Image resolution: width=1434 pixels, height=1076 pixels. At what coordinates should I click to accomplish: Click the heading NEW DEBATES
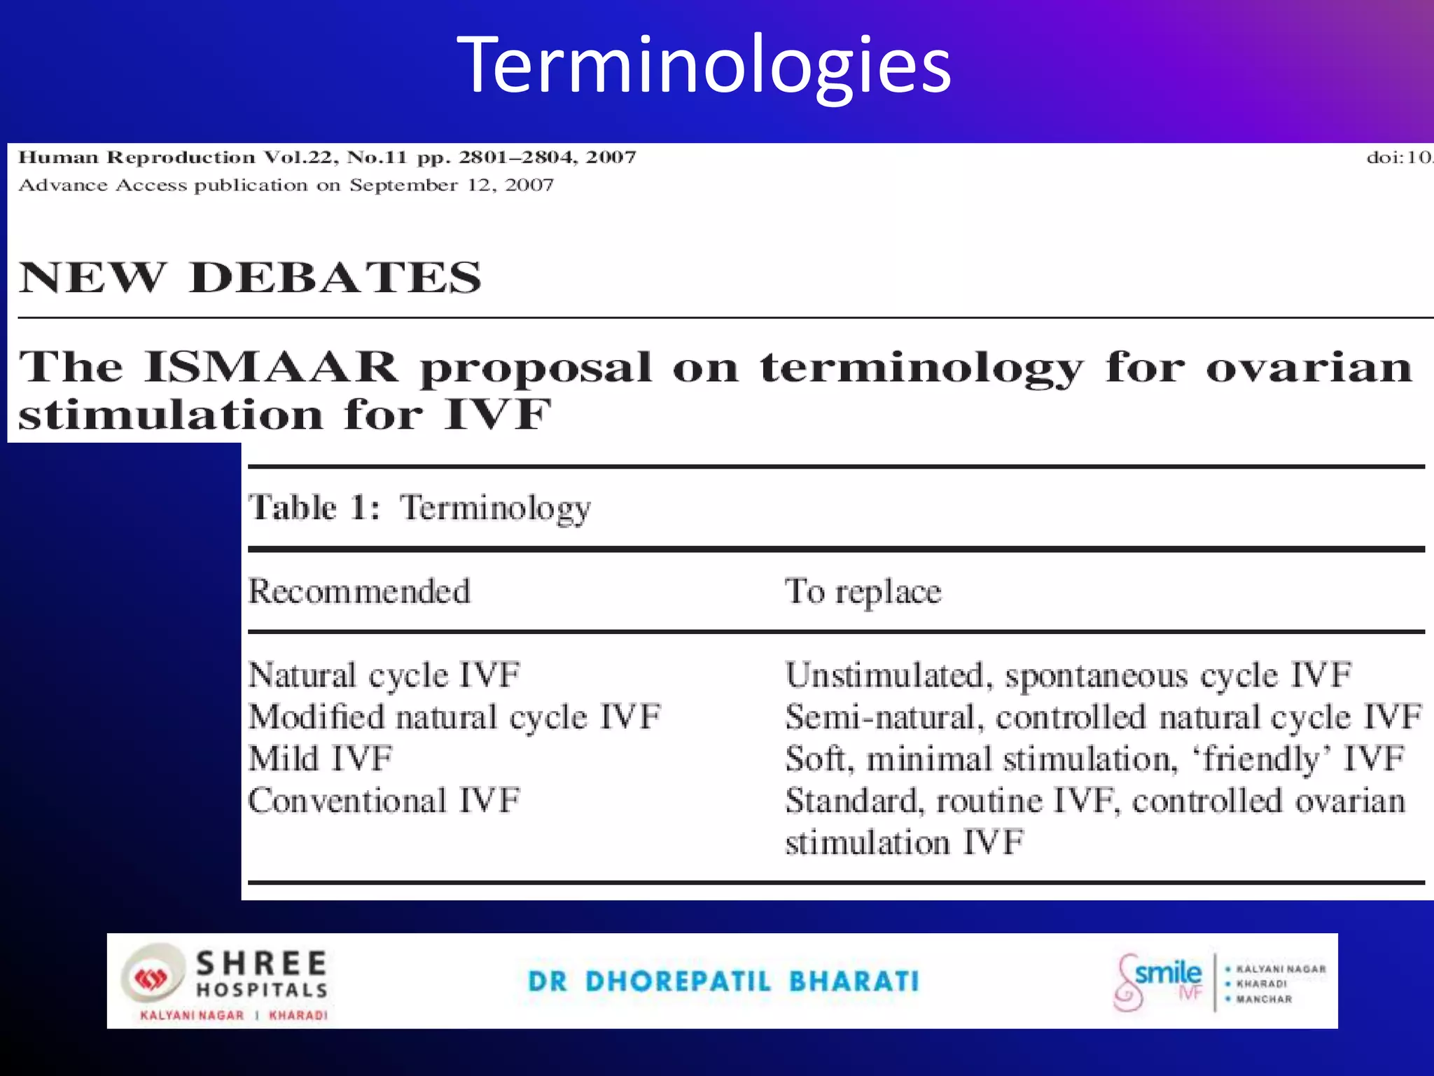tap(250, 277)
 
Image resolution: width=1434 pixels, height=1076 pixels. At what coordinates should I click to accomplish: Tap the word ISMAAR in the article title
tap(271, 367)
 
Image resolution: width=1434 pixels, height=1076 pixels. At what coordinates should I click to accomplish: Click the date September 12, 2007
tap(452, 186)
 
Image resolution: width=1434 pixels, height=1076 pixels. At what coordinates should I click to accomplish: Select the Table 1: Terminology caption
tap(420, 508)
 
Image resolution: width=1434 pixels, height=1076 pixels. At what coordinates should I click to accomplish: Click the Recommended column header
tap(359, 592)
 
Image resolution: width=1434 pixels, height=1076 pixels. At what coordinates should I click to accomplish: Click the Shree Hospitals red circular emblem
tap(151, 978)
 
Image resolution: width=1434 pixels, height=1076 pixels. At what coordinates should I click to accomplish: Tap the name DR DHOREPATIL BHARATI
tap(723, 981)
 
